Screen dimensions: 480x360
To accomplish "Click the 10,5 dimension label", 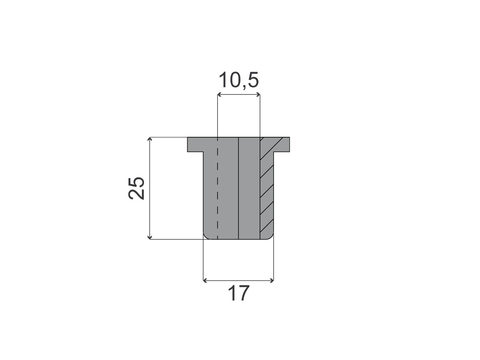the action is coord(238,80).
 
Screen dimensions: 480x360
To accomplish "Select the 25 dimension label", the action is coord(136,188).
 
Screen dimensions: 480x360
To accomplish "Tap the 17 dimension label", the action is coord(238,293).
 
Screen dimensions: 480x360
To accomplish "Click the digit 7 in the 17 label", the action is coord(243,293).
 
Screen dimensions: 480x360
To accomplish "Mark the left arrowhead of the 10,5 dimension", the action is coord(219,95).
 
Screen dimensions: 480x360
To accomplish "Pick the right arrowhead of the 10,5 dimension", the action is coord(258,95).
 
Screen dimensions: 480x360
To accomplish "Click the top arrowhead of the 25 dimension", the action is coord(150,139).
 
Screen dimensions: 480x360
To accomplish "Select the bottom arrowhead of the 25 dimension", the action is coord(150,237).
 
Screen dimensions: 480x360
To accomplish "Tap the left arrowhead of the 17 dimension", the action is coord(205,281).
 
